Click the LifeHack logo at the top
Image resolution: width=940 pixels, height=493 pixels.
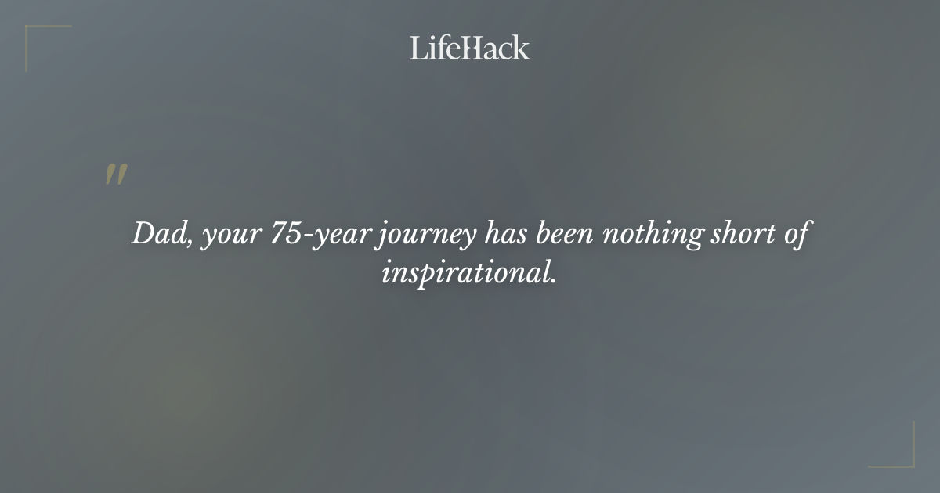(469, 48)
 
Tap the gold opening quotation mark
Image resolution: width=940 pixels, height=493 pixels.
(116, 175)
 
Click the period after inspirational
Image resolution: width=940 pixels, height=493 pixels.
(553, 280)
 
